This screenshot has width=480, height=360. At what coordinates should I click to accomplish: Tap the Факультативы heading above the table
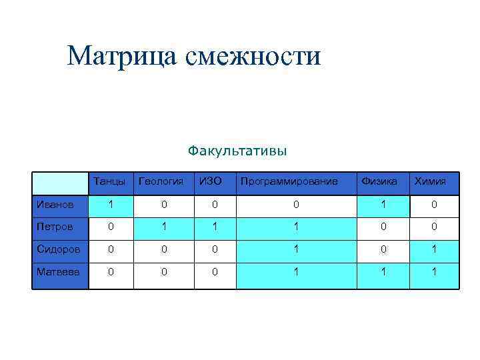point(237,151)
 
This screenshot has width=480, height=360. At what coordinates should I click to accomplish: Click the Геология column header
point(160,181)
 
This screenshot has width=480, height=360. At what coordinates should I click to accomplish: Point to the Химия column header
point(430,181)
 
